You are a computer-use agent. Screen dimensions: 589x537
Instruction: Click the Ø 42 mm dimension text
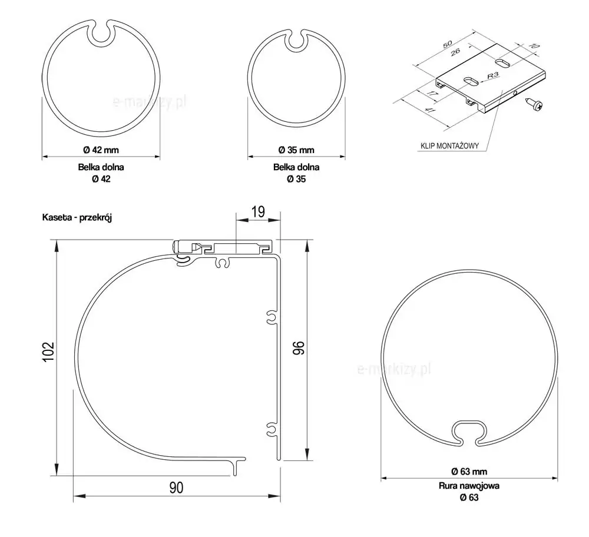(x=101, y=150)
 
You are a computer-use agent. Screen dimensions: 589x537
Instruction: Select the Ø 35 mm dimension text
(x=296, y=150)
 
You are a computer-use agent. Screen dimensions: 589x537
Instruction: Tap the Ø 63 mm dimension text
(x=469, y=471)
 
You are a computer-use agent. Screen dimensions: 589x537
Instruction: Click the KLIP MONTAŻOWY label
(x=449, y=145)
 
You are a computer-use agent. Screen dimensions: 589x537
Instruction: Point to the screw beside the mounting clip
(x=535, y=104)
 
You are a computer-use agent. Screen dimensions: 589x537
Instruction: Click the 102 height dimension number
(x=49, y=352)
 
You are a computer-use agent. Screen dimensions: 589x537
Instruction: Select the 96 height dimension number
(x=299, y=348)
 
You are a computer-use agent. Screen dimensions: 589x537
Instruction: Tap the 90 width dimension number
(x=176, y=488)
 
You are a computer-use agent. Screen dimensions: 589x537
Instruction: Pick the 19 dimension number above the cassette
(x=258, y=211)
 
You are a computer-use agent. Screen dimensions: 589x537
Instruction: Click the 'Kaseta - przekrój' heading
(x=77, y=217)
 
